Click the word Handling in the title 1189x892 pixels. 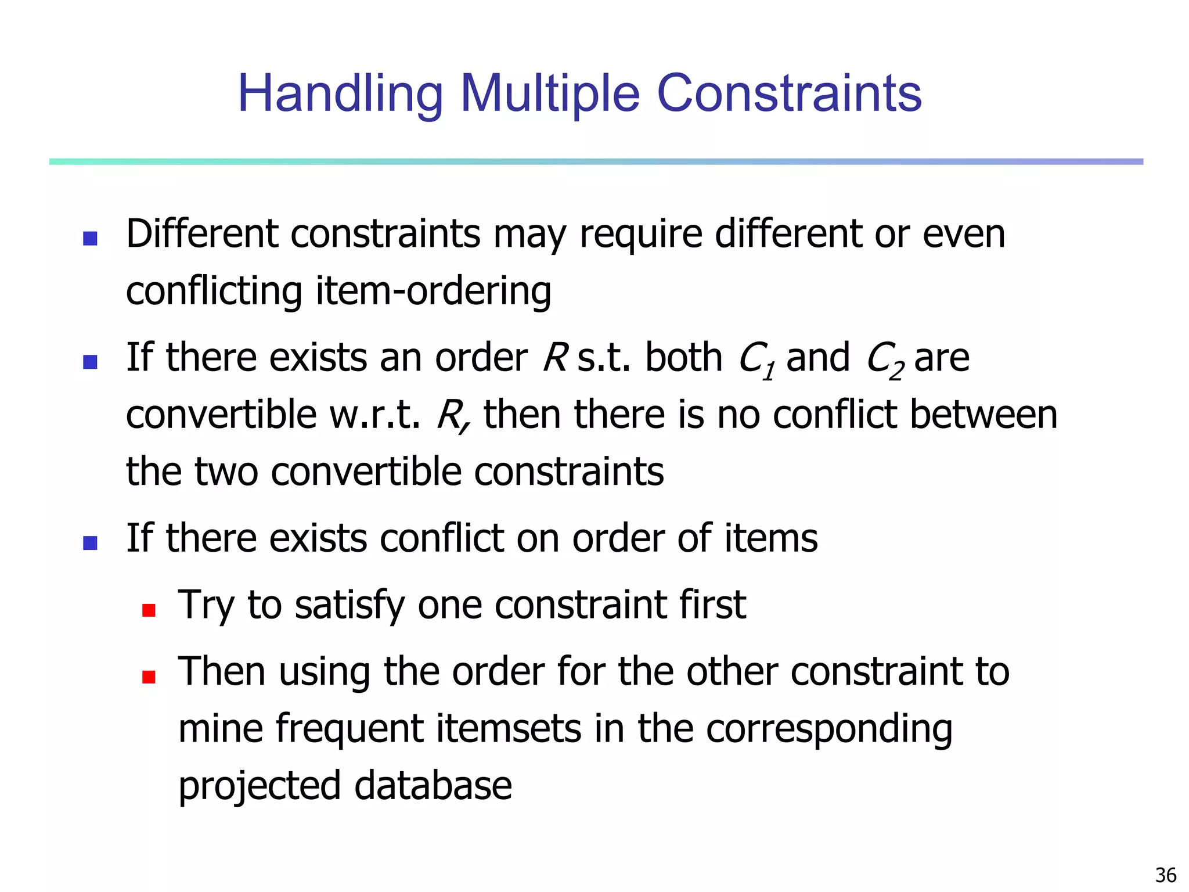tap(340, 94)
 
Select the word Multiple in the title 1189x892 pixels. tap(550, 94)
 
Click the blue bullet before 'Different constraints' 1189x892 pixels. tap(90, 239)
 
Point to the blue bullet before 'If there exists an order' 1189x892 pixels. tap(90, 362)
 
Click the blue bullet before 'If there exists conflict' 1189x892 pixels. tap(90, 543)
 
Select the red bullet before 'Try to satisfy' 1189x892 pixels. tap(149, 610)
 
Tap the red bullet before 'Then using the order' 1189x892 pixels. tap(149, 677)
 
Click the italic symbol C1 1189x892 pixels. tap(757, 360)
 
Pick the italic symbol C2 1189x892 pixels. tap(885, 360)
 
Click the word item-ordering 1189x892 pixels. tap(433, 292)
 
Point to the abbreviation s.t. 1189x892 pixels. tap(604, 358)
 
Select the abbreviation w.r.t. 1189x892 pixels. tap(375, 415)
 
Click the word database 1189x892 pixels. tap(433, 785)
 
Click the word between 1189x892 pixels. tap(983, 415)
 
